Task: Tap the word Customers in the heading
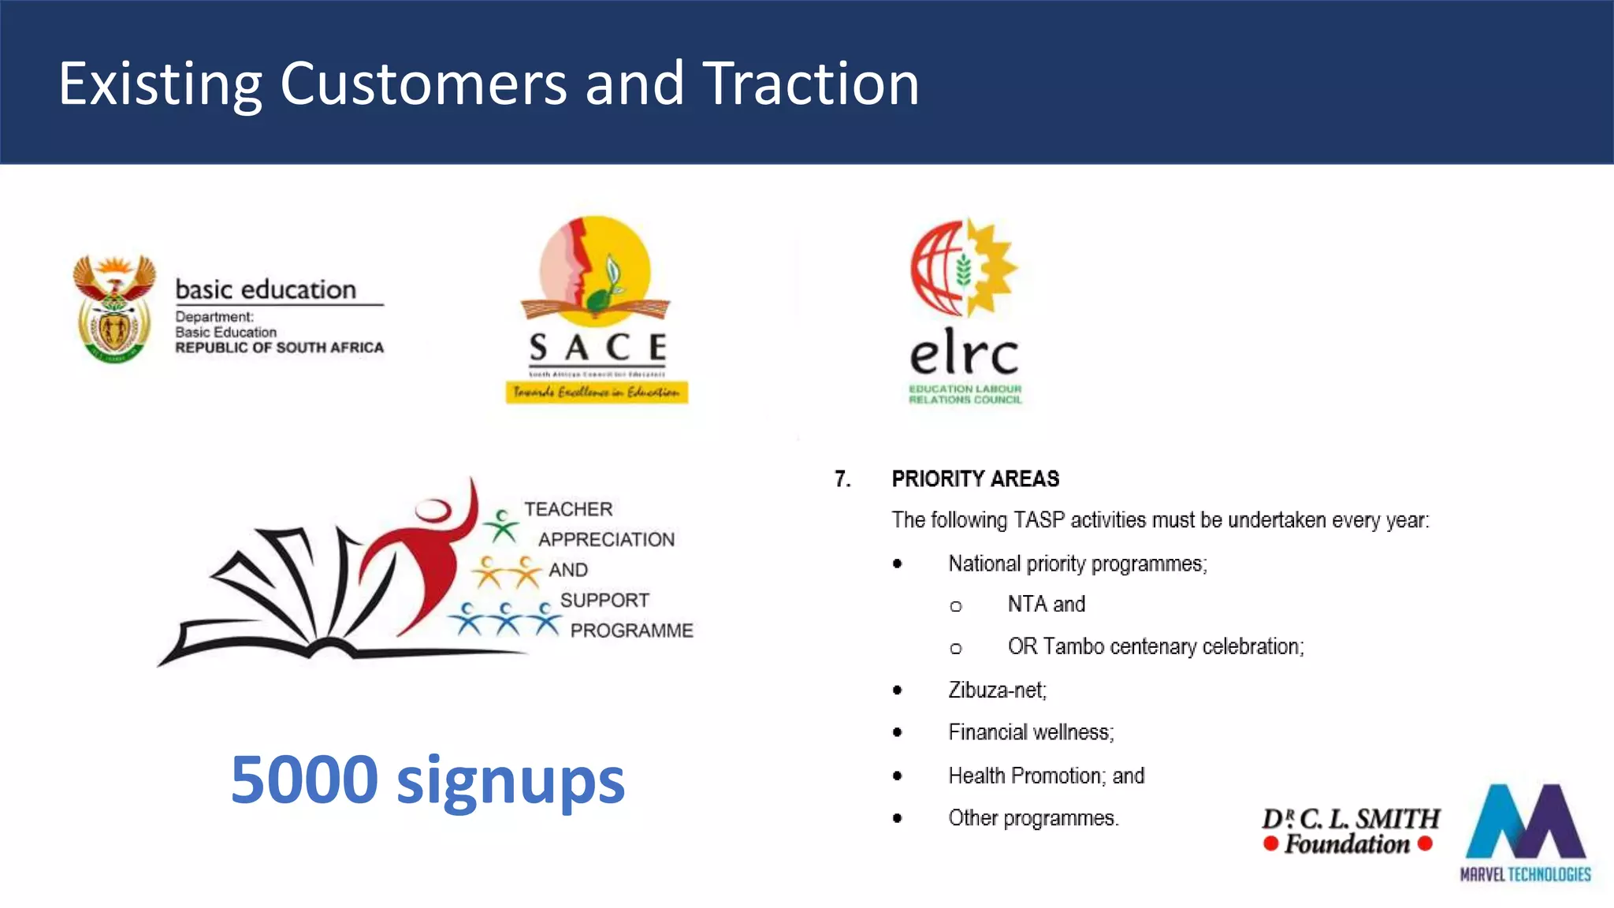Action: [422, 83]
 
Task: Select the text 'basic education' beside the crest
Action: [266, 289]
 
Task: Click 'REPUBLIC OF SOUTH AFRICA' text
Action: [279, 348]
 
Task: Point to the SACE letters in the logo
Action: [597, 348]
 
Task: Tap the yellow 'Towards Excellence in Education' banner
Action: [597, 392]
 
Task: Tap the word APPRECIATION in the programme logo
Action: [606, 539]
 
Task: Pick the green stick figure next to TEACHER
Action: [500, 526]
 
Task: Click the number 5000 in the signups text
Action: [304, 780]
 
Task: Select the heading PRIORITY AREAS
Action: [975, 478]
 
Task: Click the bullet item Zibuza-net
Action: [997, 690]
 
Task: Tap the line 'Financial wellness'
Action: [1031, 732]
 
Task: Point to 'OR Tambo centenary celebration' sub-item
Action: [1155, 646]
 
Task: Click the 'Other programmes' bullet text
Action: [1033, 818]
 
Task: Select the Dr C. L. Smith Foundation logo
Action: [1350, 831]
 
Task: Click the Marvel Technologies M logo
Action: [1525, 824]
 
